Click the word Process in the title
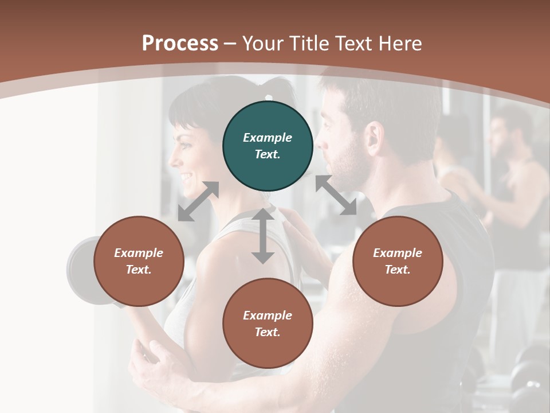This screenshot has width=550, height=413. click(x=180, y=44)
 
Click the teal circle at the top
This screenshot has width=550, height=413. click(x=268, y=146)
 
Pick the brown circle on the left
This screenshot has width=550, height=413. click(x=139, y=261)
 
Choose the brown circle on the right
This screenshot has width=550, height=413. click(x=398, y=261)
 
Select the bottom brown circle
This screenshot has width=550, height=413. click(x=268, y=324)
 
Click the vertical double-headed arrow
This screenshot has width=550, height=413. click(x=263, y=236)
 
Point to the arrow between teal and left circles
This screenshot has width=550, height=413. click(x=198, y=201)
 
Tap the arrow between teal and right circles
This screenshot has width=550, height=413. click(x=336, y=196)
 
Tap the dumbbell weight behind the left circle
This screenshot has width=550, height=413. click(x=80, y=270)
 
